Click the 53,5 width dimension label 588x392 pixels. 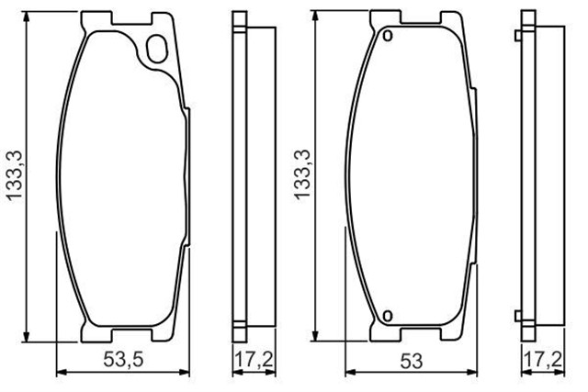pyautogui.click(x=123, y=361)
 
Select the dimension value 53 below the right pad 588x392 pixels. pyautogui.click(x=412, y=362)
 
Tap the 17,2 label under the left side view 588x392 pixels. pyautogui.click(x=254, y=360)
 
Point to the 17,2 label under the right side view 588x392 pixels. pyautogui.click(x=543, y=360)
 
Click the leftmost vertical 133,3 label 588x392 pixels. pyautogui.click(x=15, y=176)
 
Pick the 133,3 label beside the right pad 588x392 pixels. pyautogui.click(x=302, y=174)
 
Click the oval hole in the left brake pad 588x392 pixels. pyautogui.click(x=156, y=49)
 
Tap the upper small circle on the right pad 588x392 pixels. pyautogui.click(x=388, y=36)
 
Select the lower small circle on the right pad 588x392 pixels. pyautogui.click(x=388, y=316)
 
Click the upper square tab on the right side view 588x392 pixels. pyautogui.click(x=518, y=35)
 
